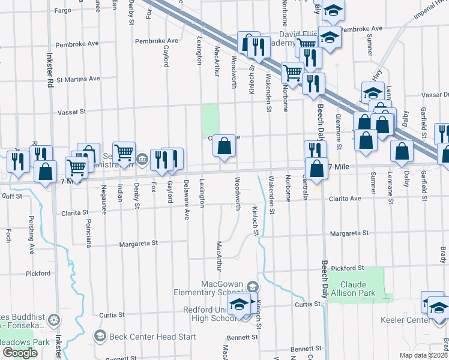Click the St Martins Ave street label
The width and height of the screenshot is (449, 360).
tap(78, 79)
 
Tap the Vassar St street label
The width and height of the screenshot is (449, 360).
tap(72, 112)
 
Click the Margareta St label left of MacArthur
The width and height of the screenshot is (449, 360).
tap(137, 244)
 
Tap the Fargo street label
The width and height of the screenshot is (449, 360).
tap(62, 11)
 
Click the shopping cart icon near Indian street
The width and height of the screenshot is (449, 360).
tap(124, 152)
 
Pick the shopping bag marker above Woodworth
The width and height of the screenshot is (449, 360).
tap(224, 146)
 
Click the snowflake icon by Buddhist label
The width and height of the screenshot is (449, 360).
tap(54, 319)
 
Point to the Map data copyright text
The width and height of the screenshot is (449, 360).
tap(423, 355)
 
